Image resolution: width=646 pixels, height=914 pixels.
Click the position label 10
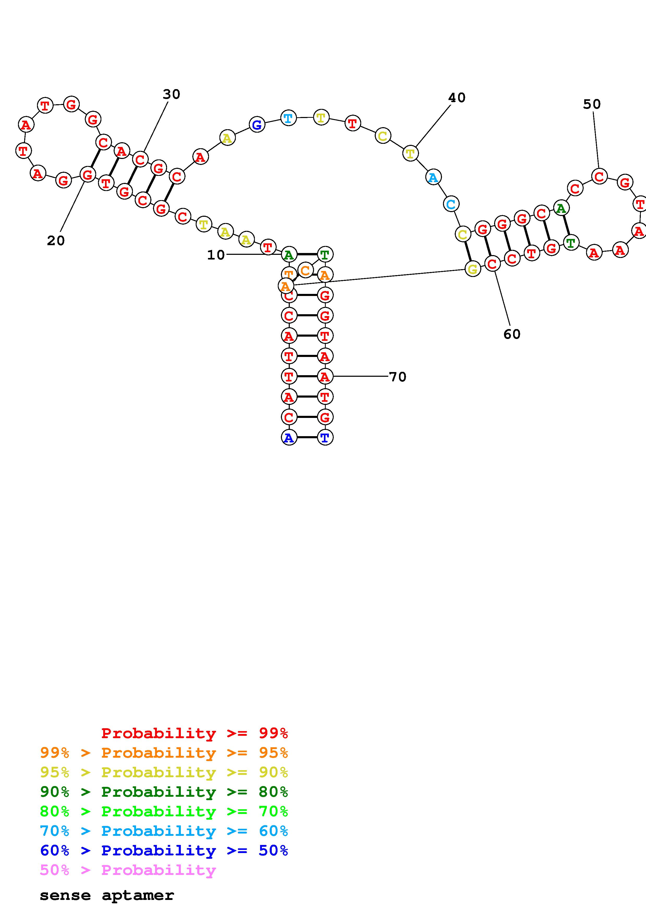click(x=216, y=255)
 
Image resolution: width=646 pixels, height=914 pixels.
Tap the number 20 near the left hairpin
click(x=56, y=240)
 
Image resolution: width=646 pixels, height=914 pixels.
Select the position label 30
click(x=171, y=94)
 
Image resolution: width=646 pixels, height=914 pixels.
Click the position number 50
click(x=592, y=104)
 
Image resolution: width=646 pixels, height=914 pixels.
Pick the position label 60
click(x=512, y=334)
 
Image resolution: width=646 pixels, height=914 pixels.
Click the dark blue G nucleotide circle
click(x=257, y=125)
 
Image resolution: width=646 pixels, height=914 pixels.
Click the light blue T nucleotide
click(x=288, y=118)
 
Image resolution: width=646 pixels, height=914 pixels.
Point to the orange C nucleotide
click(x=305, y=271)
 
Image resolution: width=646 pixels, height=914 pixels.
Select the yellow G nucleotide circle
click(x=472, y=269)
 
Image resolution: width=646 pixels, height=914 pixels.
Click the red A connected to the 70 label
click(x=325, y=376)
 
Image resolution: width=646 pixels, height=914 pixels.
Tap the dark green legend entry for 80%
click(x=164, y=792)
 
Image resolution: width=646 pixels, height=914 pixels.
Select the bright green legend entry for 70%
click(x=164, y=811)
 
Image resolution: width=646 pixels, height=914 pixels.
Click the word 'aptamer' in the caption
click(x=138, y=895)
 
